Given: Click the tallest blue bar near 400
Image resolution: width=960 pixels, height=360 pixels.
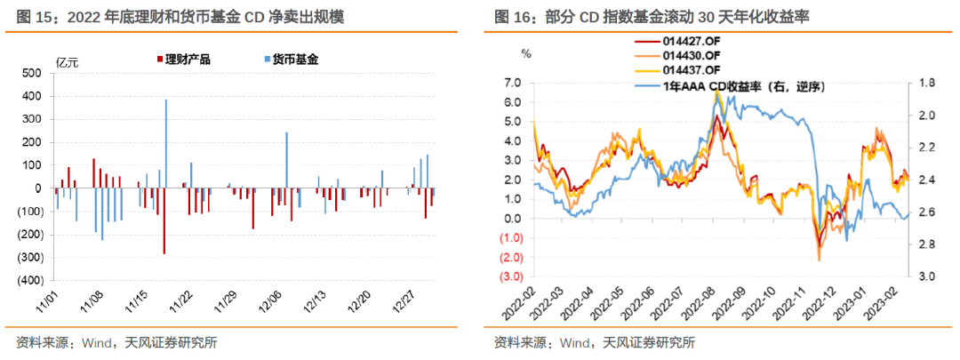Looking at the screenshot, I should point(165,142).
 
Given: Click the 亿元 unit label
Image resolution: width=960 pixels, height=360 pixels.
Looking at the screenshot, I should point(68,61).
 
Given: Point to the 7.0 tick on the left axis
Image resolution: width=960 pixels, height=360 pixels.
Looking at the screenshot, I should point(511,82).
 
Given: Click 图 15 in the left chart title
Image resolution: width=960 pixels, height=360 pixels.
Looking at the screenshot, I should point(30,17).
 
